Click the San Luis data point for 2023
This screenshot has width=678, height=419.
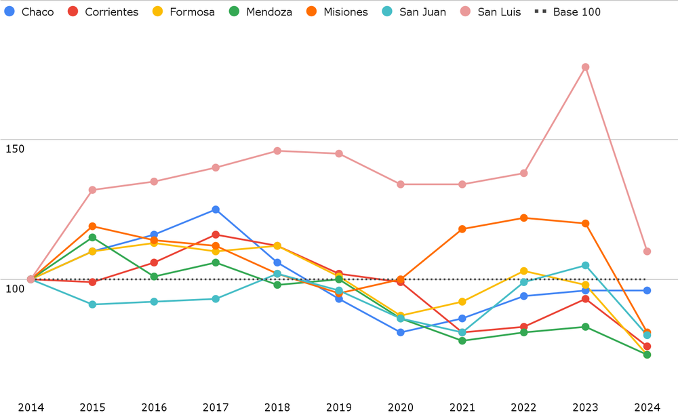(x=585, y=67)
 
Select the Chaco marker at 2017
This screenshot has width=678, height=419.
(x=216, y=209)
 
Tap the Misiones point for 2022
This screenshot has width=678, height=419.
(x=524, y=218)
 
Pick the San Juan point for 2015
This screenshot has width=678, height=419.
(x=92, y=304)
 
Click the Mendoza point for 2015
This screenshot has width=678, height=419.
(x=92, y=237)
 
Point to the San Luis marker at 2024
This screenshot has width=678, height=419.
(x=647, y=252)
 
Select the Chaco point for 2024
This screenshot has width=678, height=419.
(x=647, y=290)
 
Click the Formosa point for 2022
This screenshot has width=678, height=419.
(x=524, y=271)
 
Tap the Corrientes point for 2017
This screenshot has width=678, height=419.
(x=216, y=235)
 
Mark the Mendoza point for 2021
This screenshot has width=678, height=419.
(x=462, y=341)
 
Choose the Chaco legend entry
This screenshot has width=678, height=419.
(x=30, y=12)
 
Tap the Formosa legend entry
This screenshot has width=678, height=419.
(x=184, y=12)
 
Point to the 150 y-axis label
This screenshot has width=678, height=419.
(x=14, y=148)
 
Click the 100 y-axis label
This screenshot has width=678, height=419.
(x=14, y=289)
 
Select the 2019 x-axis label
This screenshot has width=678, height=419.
(x=339, y=407)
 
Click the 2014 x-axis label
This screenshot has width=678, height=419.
(x=31, y=407)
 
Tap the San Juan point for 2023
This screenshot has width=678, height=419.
(x=585, y=265)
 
